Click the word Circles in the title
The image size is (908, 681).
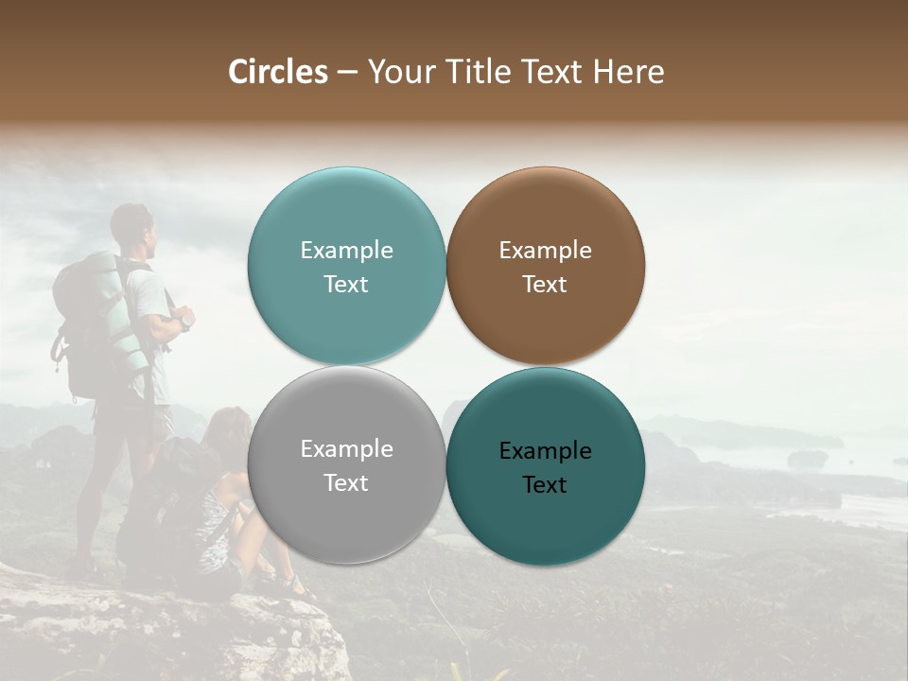[278, 72]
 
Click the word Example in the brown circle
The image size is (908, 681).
[545, 251]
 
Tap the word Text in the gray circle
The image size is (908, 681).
[346, 483]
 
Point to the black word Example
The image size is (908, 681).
[545, 451]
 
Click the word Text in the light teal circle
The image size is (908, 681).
[346, 285]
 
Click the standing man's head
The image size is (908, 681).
[132, 226]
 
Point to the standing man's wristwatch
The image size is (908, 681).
[187, 323]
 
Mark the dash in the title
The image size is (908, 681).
[347, 73]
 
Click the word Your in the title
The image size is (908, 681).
[397, 72]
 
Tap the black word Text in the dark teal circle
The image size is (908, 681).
[545, 485]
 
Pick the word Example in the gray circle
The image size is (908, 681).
[346, 449]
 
